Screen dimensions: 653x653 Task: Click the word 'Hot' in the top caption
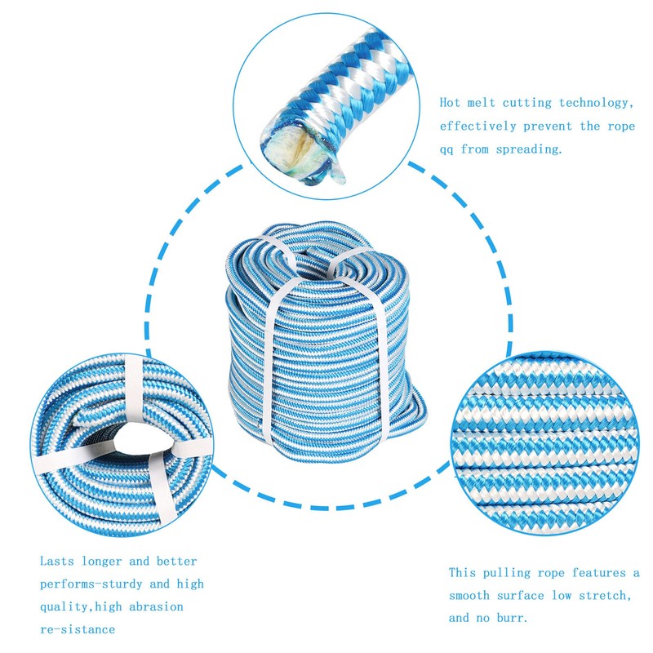pos(451,104)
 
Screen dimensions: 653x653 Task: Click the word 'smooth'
pos(471,596)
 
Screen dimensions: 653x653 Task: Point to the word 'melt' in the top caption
pos(488,104)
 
